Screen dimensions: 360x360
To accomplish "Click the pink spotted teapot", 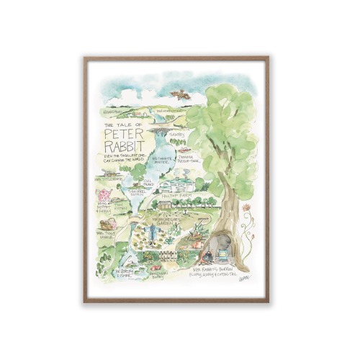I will click(x=104, y=194).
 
